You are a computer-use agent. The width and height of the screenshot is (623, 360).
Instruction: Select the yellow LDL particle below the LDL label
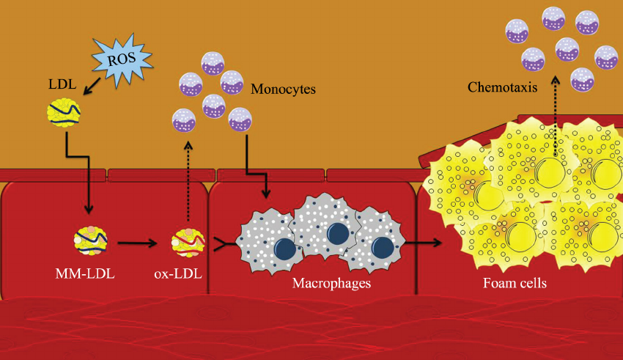coord(64,114)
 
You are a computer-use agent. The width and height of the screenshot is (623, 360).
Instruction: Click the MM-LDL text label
coord(86,275)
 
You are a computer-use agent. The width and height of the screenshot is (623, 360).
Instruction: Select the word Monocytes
coord(283,90)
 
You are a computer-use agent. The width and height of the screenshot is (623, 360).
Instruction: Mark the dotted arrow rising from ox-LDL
coord(188,183)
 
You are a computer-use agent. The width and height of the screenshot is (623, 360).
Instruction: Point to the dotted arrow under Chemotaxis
coord(554,110)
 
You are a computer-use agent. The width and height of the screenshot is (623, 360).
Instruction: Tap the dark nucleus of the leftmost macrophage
coord(285,249)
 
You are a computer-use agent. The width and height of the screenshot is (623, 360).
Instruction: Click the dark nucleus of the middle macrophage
coord(337,233)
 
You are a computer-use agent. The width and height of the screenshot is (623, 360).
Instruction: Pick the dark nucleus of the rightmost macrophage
coord(381,245)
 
